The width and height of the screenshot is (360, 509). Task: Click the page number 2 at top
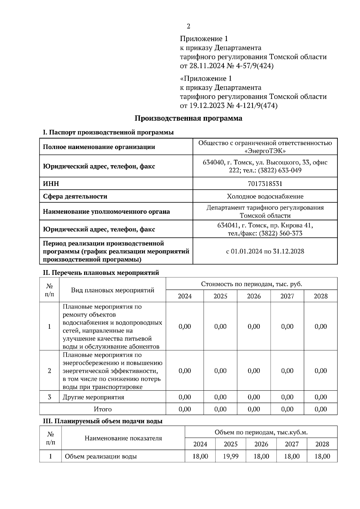click(x=188, y=26)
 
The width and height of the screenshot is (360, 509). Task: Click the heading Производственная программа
click(x=188, y=118)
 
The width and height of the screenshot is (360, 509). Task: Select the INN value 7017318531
click(x=265, y=183)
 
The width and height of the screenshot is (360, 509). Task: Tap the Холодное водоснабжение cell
click(x=265, y=196)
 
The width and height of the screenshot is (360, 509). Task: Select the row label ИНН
click(x=51, y=183)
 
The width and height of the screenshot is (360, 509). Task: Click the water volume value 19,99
click(x=230, y=456)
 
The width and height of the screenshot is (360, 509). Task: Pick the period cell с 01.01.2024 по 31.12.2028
click(x=265, y=251)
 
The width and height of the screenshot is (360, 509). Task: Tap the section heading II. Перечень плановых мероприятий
click(x=101, y=272)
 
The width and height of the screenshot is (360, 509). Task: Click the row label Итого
click(x=103, y=409)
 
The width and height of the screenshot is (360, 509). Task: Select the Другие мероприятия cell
click(x=93, y=397)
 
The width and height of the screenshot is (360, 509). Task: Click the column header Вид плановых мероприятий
click(x=112, y=290)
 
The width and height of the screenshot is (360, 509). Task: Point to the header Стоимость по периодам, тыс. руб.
click(x=251, y=284)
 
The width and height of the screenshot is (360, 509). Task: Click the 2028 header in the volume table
click(x=322, y=444)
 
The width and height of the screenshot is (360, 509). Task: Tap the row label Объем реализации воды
click(x=101, y=456)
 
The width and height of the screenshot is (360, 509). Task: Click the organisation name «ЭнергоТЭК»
click(x=265, y=151)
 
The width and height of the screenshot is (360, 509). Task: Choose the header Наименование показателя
click(x=123, y=438)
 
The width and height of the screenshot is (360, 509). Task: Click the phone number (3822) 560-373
click(x=280, y=233)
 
